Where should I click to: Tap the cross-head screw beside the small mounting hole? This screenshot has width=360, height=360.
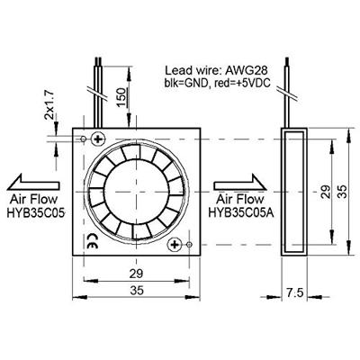[x=98, y=138]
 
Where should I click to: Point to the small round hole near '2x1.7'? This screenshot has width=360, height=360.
[x=85, y=139]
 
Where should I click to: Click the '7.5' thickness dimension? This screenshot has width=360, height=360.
[x=293, y=292]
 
